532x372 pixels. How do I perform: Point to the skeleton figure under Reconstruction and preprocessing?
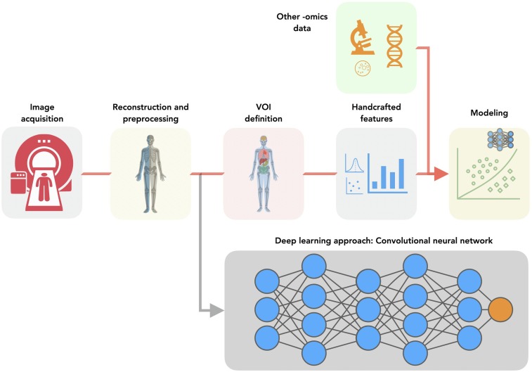coord(150,173)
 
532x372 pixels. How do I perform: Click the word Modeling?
coord(489,113)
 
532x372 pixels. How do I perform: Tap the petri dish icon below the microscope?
coord(363,68)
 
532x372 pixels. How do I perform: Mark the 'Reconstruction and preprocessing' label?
coord(150,113)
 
